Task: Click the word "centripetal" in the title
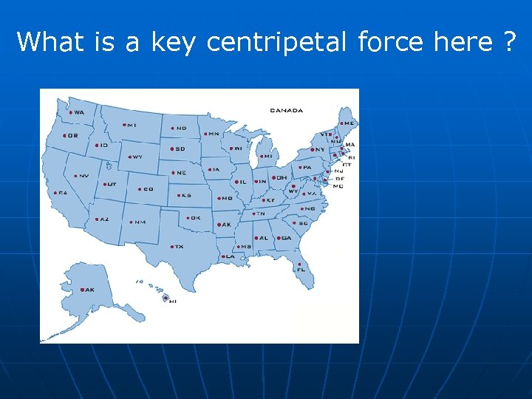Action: pyautogui.click(x=277, y=42)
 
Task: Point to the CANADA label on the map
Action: pyautogui.click(x=286, y=111)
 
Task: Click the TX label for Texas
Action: pyautogui.click(x=179, y=247)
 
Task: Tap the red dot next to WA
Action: pyautogui.click(x=71, y=112)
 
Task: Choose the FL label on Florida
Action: pyautogui.click(x=301, y=270)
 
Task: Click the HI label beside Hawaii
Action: pyautogui.click(x=173, y=301)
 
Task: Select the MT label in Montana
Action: pyautogui.click(x=132, y=125)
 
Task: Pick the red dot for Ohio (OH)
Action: pyautogui.click(x=274, y=177)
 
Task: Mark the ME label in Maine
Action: pyautogui.click(x=349, y=123)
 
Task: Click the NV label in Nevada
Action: pyautogui.click(x=84, y=176)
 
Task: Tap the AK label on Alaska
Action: pyautogui.click(x=89, y=290)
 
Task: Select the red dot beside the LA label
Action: pyautogui.click(x=224, y=256)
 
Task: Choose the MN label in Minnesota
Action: pyautogui.click(x=214, y=134)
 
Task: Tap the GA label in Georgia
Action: pyautogui.click(x=286, y=239)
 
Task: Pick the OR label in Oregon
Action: pyautogui.click(x=72, y=135)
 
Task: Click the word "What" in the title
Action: pyautogui.click(x=50, y=42)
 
